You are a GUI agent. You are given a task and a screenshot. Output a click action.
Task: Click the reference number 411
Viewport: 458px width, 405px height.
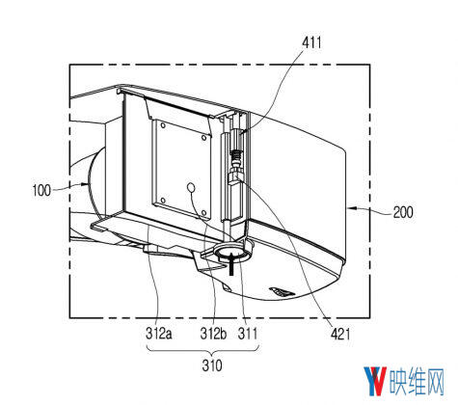click(311, 42)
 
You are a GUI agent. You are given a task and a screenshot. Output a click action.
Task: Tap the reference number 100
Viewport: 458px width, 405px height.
click(41, 190)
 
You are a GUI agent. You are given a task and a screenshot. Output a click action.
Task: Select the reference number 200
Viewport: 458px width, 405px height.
click(403, 212)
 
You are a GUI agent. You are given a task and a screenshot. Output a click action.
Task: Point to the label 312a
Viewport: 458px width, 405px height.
click(159, 334)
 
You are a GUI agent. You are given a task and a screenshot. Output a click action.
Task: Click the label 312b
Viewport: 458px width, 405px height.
click(213, 334)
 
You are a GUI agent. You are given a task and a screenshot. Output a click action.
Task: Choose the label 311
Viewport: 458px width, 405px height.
click(248, 334)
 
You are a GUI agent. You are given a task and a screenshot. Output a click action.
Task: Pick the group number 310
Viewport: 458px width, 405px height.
click(212, 365)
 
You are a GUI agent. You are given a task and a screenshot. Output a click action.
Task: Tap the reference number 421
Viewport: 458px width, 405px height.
click(340, 335)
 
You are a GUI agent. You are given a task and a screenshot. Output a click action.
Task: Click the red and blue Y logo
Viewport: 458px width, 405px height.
click(375, 382)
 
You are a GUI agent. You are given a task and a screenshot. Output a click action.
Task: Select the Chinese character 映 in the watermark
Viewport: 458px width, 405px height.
click(398, 382)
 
